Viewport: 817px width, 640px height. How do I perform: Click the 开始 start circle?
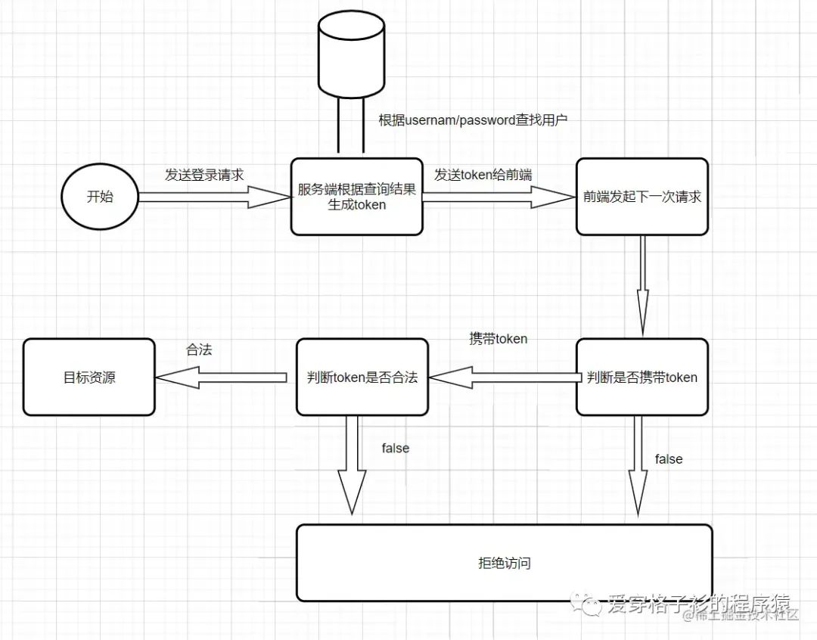click(x=100, y=197)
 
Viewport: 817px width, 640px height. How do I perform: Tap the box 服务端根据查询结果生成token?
click(x=356, y=197)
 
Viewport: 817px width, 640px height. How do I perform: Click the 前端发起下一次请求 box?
click(x=641, y=197)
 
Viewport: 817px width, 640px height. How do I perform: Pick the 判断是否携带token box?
click(x=641, y=377)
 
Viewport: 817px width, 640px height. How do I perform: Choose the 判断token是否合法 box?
click(x=362, y=377)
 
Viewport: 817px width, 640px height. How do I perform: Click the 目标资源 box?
click(x=89, y=377)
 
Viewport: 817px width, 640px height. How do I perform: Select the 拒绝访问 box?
click(x=504, y=563)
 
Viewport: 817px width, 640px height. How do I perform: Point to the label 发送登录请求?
click(x=204, y=175)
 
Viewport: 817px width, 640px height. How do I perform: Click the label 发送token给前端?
click(x=483, y=175)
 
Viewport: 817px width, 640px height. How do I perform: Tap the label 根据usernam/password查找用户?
click(x=473, y=120)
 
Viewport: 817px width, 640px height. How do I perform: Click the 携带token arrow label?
click(x=499, y=339)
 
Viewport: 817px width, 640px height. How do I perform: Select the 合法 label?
click(x=199, y=350)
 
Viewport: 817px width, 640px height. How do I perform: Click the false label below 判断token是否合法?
click(x=395, y=448)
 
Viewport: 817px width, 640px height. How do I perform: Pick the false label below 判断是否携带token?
click(x=669, y=459)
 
